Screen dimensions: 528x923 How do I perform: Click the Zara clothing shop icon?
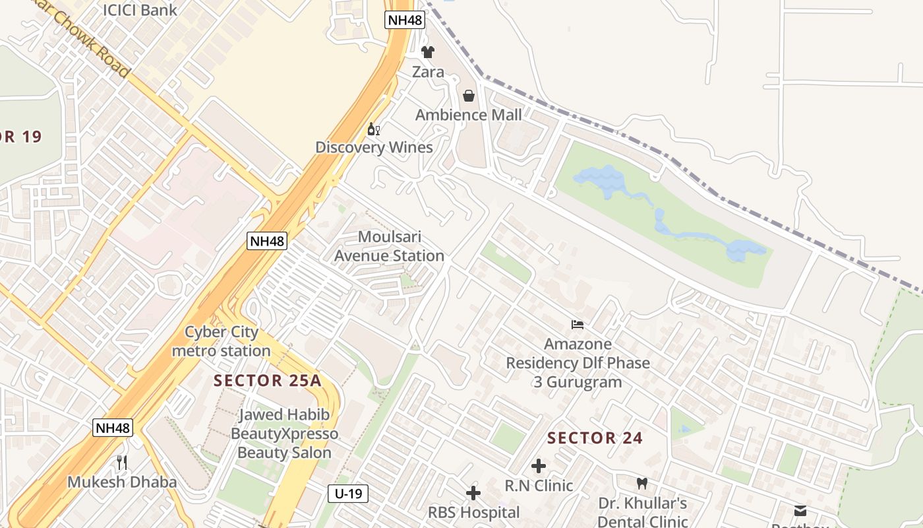click(x=428, y=51)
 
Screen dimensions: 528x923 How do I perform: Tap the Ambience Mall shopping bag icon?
click(x=468, y=96)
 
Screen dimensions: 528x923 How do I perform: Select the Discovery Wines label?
click(x=374, y=147)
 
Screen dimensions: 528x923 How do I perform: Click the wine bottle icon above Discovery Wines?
click(x=373, y=129)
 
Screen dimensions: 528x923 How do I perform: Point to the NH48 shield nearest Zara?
click(x=404, y=20)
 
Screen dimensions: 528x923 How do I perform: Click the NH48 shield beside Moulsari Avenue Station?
click(x=267, y=241)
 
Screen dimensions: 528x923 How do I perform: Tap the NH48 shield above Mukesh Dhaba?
click(x=113, y=428)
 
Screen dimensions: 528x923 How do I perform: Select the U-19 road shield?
click(x=347, y=493)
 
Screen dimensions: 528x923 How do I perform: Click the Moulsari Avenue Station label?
click(x=389, y=246)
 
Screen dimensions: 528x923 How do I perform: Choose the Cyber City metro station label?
click(x=221, y=341)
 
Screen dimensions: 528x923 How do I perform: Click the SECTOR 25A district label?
click(x=267, y=381)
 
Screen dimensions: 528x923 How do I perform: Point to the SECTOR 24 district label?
click(x=595, y=438)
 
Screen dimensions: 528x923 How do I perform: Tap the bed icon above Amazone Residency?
click(x=578, y=324)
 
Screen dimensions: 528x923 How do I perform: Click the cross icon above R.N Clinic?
click(x=539, y=466)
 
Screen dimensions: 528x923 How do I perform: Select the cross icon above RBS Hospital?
click(x=473, y=493)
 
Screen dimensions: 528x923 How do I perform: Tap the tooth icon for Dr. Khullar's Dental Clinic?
click(x=642, y=484)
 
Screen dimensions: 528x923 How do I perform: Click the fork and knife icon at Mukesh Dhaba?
click(x=121, y=462)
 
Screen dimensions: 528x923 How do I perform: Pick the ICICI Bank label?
click(x=140, y=10)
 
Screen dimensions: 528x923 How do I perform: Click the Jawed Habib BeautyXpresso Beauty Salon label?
click(x=284, y=434)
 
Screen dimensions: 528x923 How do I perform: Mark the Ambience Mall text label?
click(x=468, y=115)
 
